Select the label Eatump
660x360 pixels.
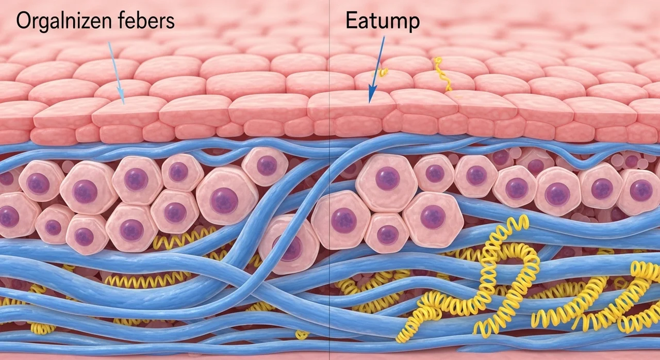(x=383, y=22)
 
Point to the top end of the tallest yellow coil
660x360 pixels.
(x=523, y=222)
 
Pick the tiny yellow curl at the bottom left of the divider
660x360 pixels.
(x=301, y=335)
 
